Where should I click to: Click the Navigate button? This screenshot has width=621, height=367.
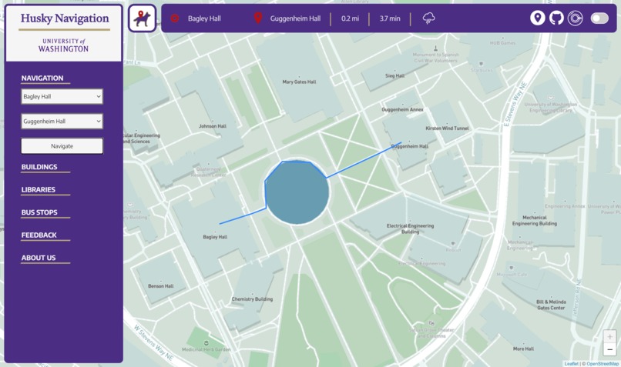click(62, 145)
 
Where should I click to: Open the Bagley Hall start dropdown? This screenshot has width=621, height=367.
click(62, 97)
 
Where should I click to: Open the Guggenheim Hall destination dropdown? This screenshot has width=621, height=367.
click(62, 122)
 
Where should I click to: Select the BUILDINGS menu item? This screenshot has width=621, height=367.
click(39, 167)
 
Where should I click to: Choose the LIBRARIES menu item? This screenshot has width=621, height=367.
click(39, 189)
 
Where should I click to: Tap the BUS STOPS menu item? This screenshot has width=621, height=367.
click(39, 212)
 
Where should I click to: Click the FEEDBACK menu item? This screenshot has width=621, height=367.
click(39, 235)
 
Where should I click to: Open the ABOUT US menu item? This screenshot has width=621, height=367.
click(39, 258)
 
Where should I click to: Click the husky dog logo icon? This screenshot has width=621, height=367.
click(142, 18)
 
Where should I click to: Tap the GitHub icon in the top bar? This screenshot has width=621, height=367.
click(556, 18)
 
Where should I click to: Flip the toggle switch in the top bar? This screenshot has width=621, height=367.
click(599, 18)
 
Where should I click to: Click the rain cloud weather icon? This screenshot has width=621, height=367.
click(429, 18)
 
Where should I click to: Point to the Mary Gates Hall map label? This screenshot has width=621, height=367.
click(299, 82)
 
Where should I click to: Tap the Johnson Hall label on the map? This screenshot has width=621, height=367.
click(213, 126)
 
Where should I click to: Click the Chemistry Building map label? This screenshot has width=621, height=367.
click(252, 299)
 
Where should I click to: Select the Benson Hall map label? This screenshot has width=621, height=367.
click(161, 286)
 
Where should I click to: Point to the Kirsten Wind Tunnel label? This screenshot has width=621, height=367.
click(447, 128)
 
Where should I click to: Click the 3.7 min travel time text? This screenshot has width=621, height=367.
click(389, 18)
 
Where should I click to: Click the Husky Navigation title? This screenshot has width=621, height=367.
click(65, 18)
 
